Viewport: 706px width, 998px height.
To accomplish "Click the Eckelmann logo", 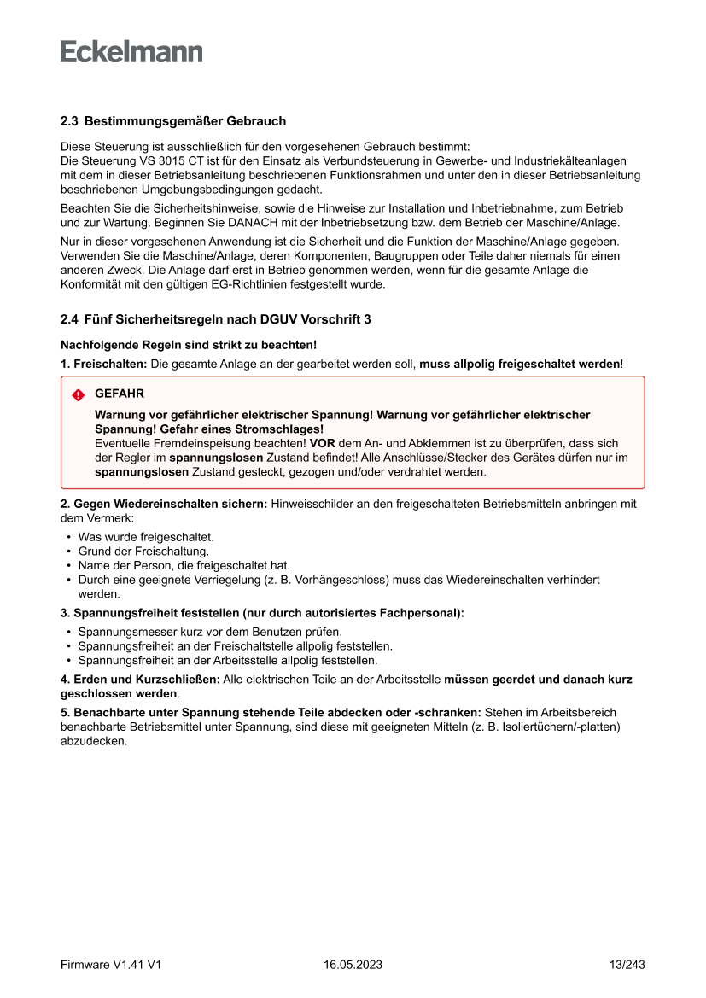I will [131, 51].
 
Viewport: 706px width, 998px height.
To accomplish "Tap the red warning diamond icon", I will [79, 395].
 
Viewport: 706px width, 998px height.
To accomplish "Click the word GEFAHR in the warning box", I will [120, 394].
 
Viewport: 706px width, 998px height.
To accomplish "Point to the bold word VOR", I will [322, 444].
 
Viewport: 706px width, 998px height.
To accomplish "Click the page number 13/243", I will [627, 965].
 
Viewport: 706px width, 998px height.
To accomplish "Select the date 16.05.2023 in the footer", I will [353, 965].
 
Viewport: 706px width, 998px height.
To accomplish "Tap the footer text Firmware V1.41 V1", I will [111, 965].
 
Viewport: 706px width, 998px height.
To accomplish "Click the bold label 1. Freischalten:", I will [104, 365].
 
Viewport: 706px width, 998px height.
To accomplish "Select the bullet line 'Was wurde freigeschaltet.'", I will [146, 538].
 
